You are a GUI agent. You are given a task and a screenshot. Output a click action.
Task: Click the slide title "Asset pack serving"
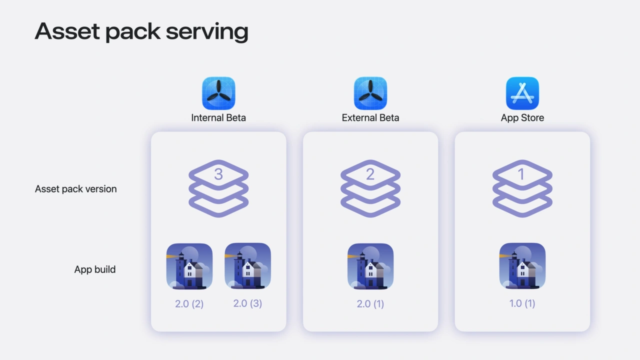[x=141, y=31]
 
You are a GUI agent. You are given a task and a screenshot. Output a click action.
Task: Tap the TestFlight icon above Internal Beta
[x=218, y=93]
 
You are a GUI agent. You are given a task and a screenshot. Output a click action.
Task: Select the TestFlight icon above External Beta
[x=370, y=93]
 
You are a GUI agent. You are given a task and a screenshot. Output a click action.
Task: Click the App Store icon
[x=522, y=93]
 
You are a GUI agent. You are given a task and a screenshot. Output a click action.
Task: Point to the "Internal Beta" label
[x=218, y=118]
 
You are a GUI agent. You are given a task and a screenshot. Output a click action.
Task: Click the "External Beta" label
[x=370, y=118]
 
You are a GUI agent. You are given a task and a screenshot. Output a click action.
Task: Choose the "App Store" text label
[x=522, y=118]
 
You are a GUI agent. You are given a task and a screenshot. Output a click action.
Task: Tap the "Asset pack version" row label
[x=76, y=189]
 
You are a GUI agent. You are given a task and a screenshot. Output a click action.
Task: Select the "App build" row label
[x=95, y=269]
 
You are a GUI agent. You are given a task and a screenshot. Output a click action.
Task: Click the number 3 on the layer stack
[x=218, y=174]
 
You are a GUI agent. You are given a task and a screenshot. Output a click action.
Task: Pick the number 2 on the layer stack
[x=370, y=174]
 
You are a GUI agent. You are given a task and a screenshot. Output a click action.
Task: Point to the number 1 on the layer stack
[x=521, y=174]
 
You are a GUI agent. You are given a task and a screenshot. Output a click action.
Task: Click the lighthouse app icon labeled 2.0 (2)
[x=189, y=266]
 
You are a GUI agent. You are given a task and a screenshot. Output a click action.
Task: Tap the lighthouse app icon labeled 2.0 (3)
[x=248, y=266]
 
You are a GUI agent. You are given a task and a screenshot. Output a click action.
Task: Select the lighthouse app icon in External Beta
[x=370, y=266]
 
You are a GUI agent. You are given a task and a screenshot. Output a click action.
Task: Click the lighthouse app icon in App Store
[x=522, y=266]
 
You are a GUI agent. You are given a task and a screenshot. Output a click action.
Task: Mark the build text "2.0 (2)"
[x=189, y=303]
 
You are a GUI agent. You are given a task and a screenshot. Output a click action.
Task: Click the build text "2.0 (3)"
[x=248, y=303]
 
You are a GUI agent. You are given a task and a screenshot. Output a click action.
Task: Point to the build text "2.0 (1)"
[x=370, y=303]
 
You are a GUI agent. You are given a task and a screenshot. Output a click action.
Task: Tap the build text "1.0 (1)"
[x=522, y=303]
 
